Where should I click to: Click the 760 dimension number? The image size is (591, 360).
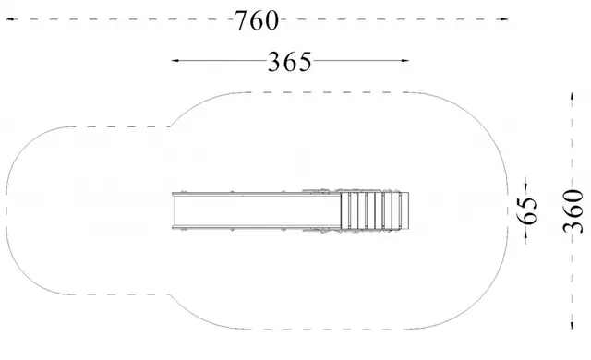257,20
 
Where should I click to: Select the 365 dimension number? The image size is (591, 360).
290,62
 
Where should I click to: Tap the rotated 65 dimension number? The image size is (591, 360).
528,210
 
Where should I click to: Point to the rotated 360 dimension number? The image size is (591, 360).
573,211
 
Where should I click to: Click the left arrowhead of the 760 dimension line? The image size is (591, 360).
10,18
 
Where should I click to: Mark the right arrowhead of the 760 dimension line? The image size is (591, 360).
503,18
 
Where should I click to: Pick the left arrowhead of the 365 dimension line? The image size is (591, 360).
175,60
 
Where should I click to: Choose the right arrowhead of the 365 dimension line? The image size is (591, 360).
404,60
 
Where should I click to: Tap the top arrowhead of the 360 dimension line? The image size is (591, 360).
573,96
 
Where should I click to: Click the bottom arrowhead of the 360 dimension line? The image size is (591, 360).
573,325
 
